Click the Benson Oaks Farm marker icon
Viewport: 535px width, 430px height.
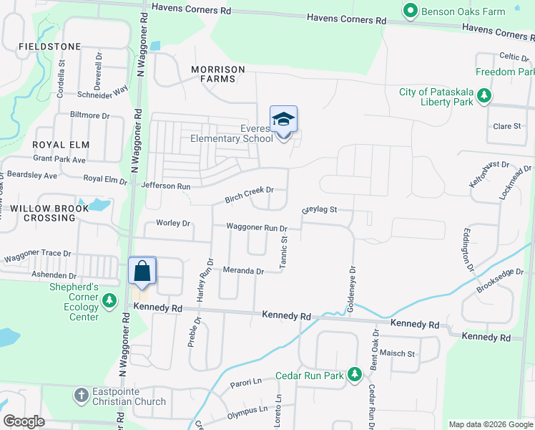(x=411, y=11)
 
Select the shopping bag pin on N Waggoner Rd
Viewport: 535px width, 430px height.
(x=142, y=272)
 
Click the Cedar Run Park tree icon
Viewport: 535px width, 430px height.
(x=353, y=374)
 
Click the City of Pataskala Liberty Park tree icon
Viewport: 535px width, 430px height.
(x=484, y=95)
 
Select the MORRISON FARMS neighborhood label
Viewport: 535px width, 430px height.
(x=218, y=74)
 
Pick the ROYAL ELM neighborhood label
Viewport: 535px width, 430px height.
(x=60, y=145)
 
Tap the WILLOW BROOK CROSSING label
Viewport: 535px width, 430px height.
(x=50, y=213)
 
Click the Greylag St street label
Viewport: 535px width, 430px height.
(x=319, y=211)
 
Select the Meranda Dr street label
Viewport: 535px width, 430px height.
(x=244, y=271)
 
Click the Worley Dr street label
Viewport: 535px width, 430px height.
(x=173, y=223)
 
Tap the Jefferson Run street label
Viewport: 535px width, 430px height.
(x=166, y=186)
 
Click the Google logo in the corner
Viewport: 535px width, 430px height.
(x=24, y=421)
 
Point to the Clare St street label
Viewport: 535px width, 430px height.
(x=507, y=126)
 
